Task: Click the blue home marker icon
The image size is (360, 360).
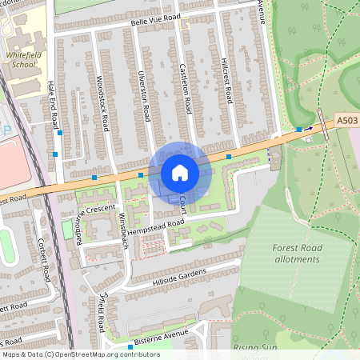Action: click(180, 172)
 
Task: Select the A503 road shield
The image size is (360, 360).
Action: click(346, 120)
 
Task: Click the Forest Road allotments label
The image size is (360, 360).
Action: click(297, 254)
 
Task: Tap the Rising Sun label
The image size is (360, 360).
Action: click(254, 349)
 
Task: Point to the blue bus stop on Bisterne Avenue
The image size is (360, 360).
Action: click(130, 347)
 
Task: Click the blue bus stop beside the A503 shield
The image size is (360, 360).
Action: click(299, 130)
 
